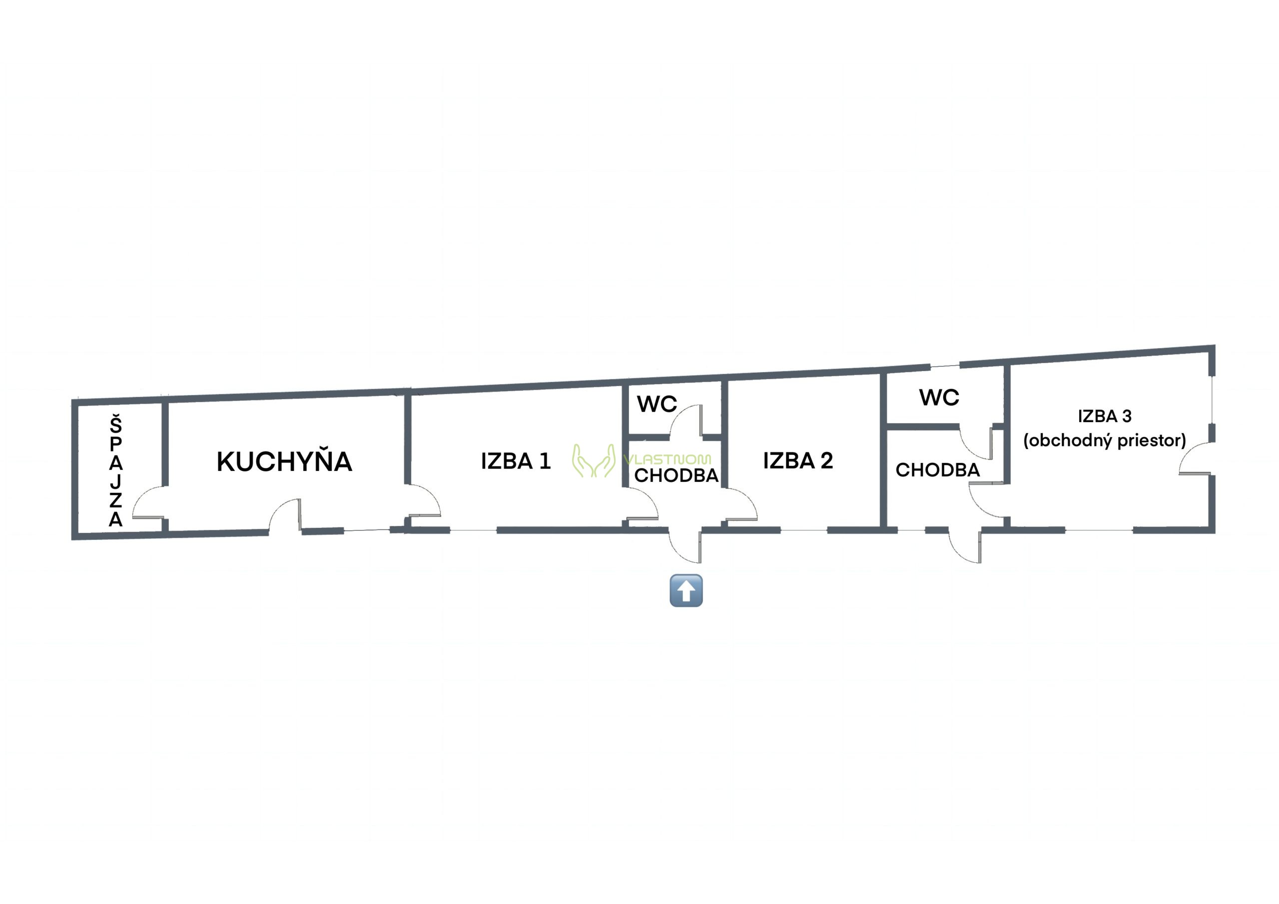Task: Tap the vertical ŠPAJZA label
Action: (x=115, y=470)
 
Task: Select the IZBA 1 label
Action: (x=516, y=461)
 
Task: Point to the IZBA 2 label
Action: (x=798, y=460)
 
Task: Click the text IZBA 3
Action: (x=1105, y=416)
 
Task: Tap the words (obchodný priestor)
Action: (x=1105, y=441)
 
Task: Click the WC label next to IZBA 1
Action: (x=657, y=405)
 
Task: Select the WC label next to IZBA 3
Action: (x=939, y=398)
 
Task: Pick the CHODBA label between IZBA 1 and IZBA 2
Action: (x=676, y=475)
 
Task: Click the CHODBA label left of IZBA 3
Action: (x=938, y=470)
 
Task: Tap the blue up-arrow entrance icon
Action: (x=686, y=590)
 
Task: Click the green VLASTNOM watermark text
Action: (x=667, y=459)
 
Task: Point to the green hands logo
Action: (x=594, y=460)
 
